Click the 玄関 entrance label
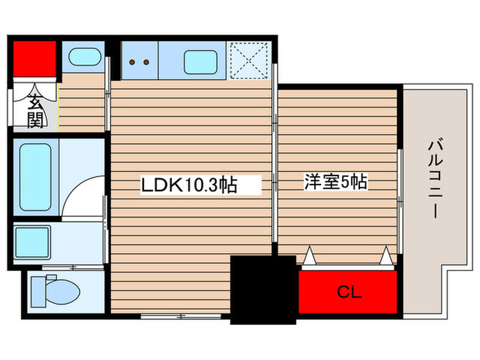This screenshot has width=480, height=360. click(x=35, y=111)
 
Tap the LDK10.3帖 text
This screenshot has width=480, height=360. click(x=189, y=184)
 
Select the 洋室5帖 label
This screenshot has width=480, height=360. click(x=337, y=182)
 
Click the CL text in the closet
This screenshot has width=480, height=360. click(x=348, y=292)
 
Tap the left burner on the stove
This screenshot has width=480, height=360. click(x=132, y=62)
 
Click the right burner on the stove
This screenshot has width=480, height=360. click(x=147, y=62)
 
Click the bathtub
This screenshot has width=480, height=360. click(x=34, y=176)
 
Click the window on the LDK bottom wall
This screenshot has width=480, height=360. click(x=182, y=316)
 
